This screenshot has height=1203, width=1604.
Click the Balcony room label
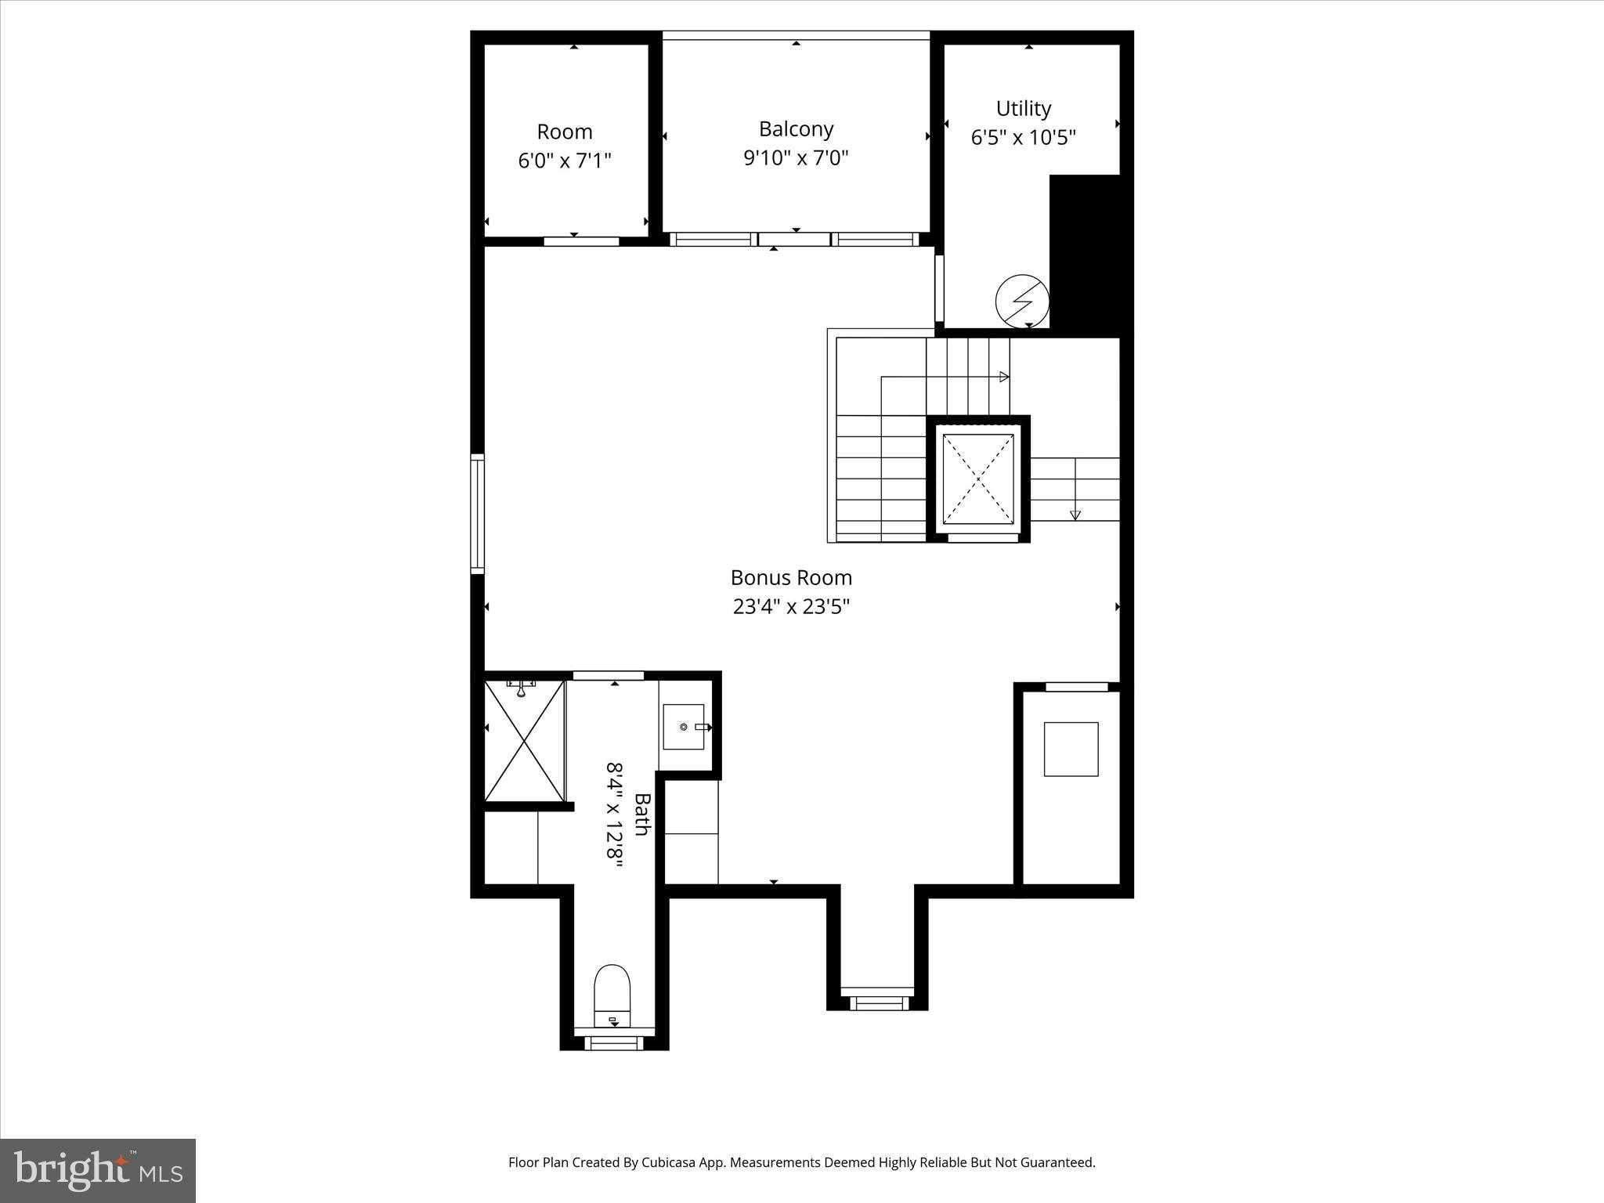796,129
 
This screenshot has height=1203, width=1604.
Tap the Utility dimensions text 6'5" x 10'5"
1023,138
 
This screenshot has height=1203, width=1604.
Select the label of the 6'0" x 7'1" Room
564,132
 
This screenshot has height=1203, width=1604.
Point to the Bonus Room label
791,578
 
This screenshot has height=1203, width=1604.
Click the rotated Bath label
641,815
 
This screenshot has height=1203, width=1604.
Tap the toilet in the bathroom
612,995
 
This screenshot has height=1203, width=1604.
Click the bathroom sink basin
684,727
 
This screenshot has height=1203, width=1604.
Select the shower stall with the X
524,741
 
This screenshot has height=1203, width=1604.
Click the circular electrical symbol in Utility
1022,301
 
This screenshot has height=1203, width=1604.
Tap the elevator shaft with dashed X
978,479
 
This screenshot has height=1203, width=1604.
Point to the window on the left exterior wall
477,514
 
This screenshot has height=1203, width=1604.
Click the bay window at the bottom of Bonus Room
878,1002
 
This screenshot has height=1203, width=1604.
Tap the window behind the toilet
614,1043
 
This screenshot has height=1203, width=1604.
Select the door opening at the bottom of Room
581,241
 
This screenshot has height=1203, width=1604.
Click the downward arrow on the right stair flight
1075,515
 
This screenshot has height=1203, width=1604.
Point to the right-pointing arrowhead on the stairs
1004,377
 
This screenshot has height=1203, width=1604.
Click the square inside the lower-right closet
1071,749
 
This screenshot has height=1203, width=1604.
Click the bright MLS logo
98,1171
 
